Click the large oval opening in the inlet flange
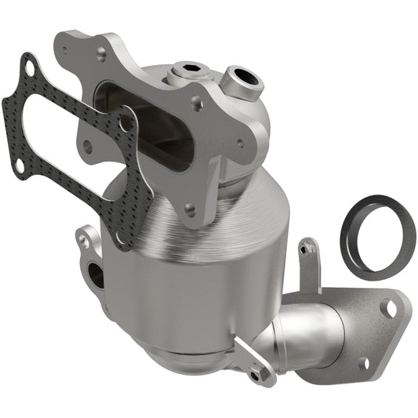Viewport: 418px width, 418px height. (145, 129)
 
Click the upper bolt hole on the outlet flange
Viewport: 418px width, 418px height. (390, 308)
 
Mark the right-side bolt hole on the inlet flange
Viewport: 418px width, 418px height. (239, 144)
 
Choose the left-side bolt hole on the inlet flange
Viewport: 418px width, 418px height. (87, 145)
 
